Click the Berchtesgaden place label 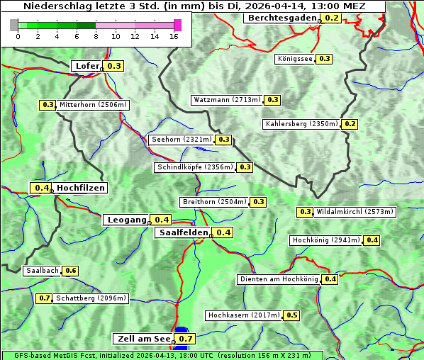pos(281,18)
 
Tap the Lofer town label pos(87,66)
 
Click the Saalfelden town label pos(183,232)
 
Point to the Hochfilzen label pos(81,188)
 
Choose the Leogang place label pos(127,220)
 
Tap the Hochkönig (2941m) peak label pos(325,240)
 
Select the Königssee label pos(294,59)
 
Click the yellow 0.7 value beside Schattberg pos(44,298)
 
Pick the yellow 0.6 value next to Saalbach pos(70,271)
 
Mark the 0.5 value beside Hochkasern pos(291,315)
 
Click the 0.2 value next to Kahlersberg pos(350,124)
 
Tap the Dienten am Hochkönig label pos(278,279)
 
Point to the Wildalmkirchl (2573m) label pos(355,211)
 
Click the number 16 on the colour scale pos(174,36)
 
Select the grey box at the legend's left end pos(14,25)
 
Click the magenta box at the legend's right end pos(177,25)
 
